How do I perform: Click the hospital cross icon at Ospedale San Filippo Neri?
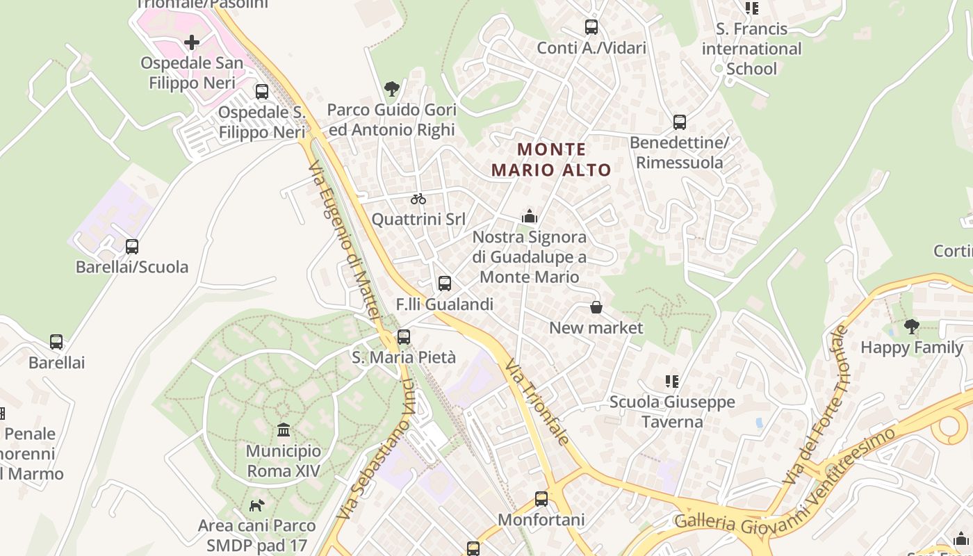[x=192, y=42]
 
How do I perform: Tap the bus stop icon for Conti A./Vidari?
[x=591, y=27]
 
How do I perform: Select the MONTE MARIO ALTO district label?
[x=551, y=159]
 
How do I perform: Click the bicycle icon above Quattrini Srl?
[x=418, y=199]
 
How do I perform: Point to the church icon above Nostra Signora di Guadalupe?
[x=530, y=217]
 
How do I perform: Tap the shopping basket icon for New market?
[x=596, y=307]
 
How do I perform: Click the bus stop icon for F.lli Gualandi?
[x=445, y=284]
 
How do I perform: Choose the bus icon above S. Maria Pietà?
[x=404, y=337]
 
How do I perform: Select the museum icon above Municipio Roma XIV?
[x=284, y=430]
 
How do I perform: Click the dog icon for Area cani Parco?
[x=257, y=505]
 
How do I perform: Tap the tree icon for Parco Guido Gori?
[x=392, y=88]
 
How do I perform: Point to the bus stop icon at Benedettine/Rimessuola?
[x=680, y=122]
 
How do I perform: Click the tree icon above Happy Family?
[x=912, y=326]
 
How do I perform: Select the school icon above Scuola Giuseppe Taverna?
[x=671, y=381]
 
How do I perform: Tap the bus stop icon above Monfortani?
[x=541, y=498]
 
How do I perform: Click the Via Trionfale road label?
[x=538, y=402]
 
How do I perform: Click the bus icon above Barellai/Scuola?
[x=132, y=246]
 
